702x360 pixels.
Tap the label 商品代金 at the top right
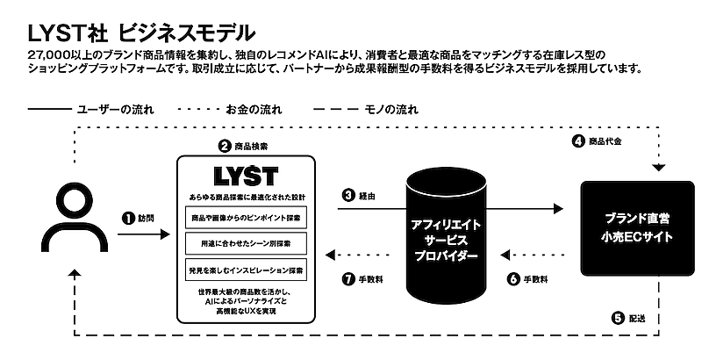607,140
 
